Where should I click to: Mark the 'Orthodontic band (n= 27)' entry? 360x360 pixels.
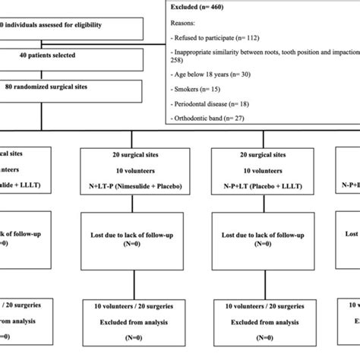click(x=223, y=126)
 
